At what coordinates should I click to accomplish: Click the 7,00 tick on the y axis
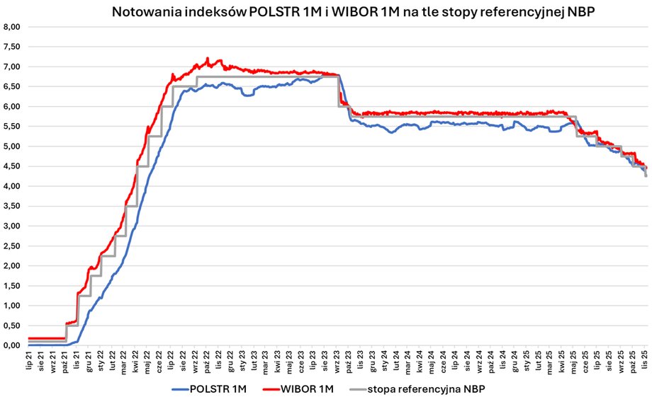(x=13, y=67)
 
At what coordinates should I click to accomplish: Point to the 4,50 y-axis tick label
(x=13, y=166)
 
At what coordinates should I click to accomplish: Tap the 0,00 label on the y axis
(x=13, y=345)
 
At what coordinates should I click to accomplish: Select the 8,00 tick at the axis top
(x=13, y=27)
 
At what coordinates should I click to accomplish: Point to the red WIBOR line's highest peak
(x=207, y=58)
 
